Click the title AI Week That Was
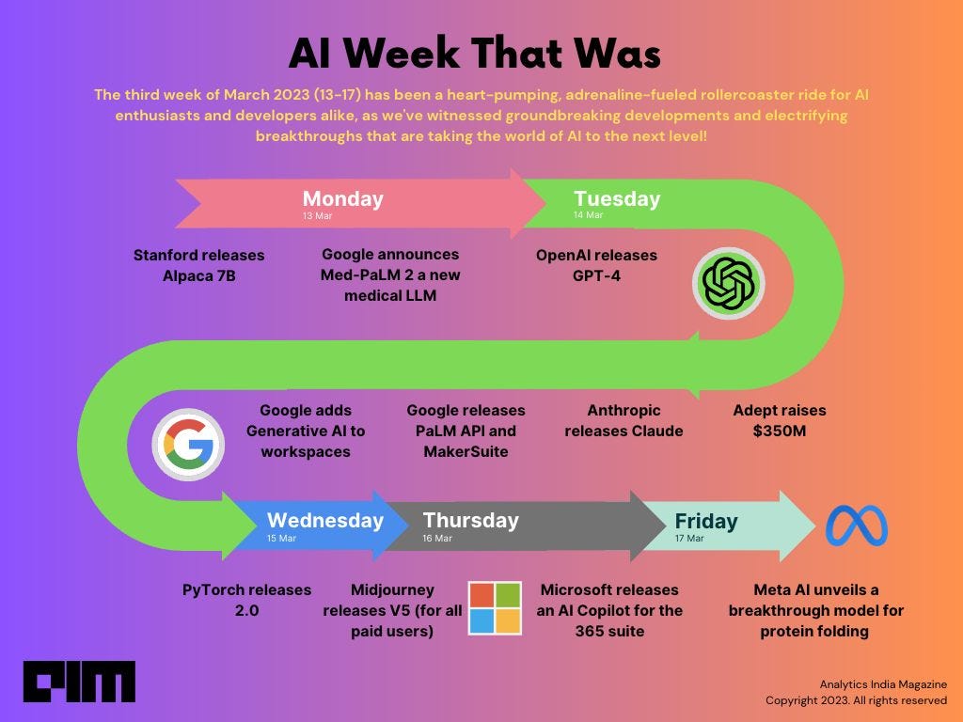click(475, 55)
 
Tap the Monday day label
click(342, 199)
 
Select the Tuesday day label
click(617, 199)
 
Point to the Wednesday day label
click(324, 520)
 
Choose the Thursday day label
click(470, 520)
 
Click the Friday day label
click(706, 521)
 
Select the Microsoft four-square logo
click(495, 607)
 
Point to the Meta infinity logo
click(857, 526)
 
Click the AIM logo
click(79, 682)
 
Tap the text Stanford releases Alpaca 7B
click(198, 265)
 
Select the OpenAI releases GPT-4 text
click(596, 265)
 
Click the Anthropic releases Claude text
click(623, 420)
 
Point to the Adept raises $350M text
click(780, 420)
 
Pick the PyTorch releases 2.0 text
click(246, 600)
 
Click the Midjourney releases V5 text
click(392, 610)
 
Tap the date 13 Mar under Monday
click(317, 216)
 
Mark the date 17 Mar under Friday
click(689, 539)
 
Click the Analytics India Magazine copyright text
click(856, 692)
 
